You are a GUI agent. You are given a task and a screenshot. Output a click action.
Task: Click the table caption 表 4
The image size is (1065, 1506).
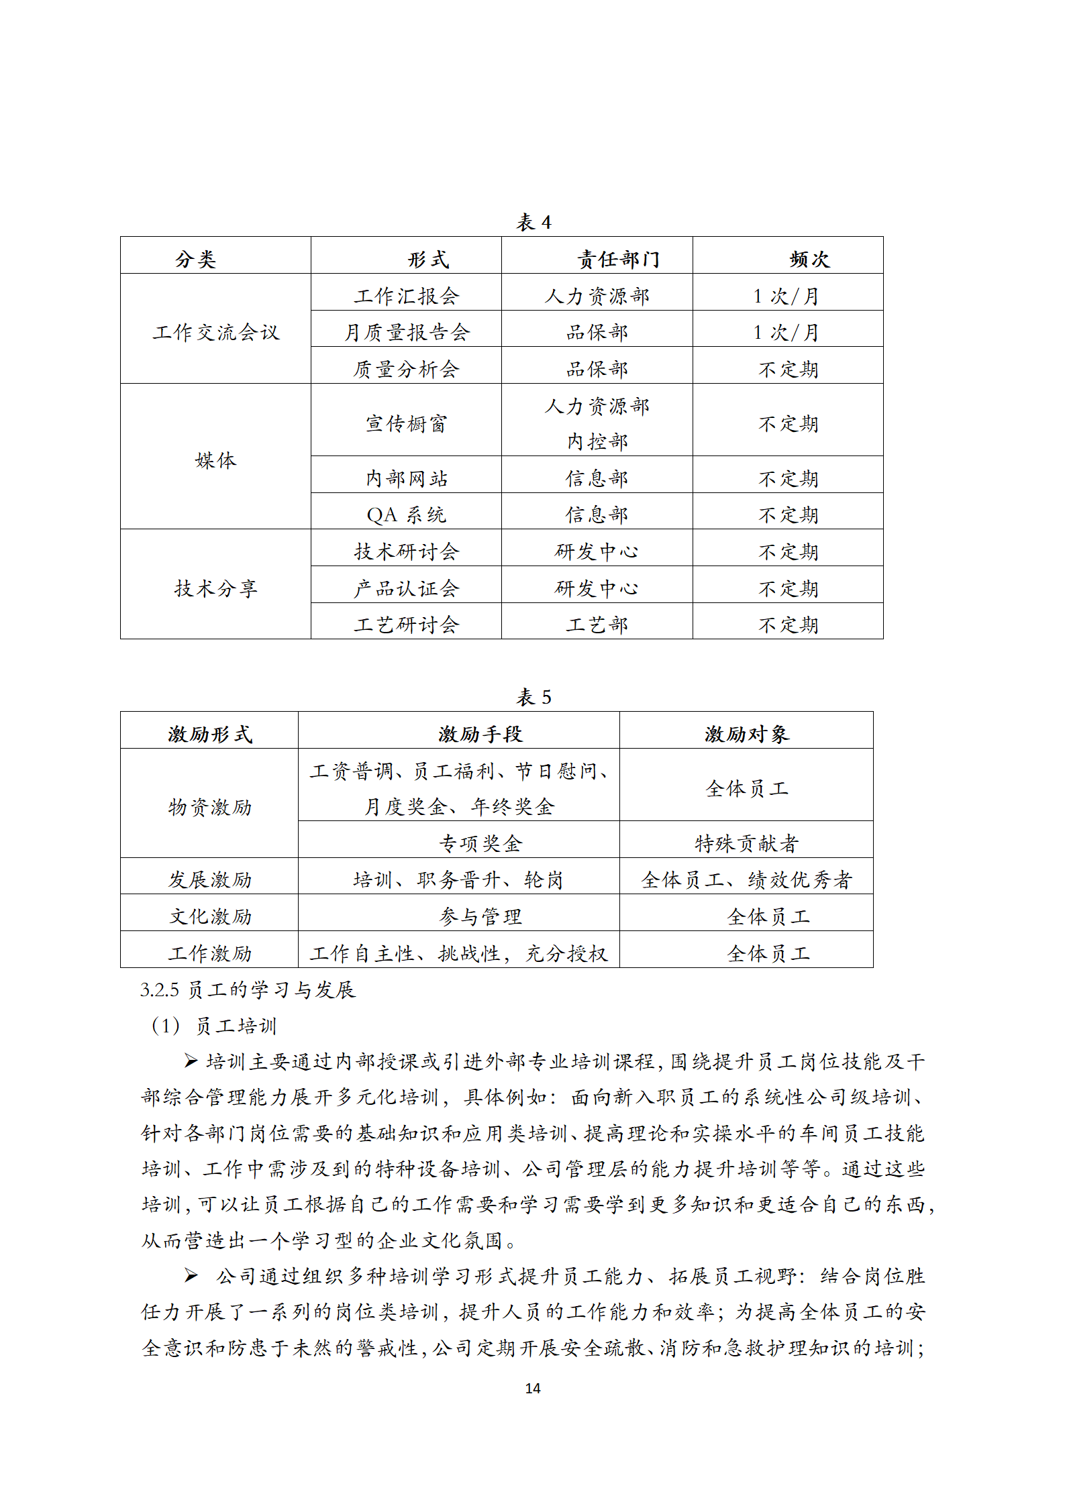[x=534, y=222]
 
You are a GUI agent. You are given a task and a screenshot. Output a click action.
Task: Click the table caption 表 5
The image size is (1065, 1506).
[x=534, y=697]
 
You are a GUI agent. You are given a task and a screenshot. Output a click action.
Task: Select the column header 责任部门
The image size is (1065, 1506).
[x=618, y=259]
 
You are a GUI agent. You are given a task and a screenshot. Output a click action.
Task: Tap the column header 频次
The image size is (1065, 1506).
[x=809, y=259]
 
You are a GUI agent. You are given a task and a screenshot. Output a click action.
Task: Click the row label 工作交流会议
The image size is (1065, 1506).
[x=215, y=332]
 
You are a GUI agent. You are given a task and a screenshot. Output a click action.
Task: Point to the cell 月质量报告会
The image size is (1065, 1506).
[x=407, y=332]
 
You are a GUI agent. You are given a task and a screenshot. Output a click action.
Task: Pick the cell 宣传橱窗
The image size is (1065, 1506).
[x=407, y=423]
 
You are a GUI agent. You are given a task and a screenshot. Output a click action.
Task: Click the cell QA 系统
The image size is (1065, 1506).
[x=407, y=515]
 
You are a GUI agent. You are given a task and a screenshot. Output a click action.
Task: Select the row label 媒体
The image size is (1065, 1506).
[x=215, y=460]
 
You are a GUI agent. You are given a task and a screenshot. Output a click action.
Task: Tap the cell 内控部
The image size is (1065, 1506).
[x=597, y=441]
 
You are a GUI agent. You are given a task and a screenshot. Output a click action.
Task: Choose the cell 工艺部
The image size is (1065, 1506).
[x=597, y=625]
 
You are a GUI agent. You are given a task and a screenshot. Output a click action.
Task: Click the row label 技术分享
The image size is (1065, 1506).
[x=215, y=588]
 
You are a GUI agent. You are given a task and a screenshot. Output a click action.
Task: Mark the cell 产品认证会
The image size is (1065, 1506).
[x=407, y=588]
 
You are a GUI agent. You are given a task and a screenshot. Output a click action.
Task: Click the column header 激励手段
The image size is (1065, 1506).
[x=480, y=734]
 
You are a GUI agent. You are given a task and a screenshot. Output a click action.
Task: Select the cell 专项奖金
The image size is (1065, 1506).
[x=480, y=843]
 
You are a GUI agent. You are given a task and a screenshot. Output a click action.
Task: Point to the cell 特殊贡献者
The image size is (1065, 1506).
[x=746, y=843]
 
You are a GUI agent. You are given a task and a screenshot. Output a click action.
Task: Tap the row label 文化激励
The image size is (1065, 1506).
[x=210, y=916]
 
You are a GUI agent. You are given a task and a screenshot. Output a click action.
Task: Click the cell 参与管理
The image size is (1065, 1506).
[x=480, y=916]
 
